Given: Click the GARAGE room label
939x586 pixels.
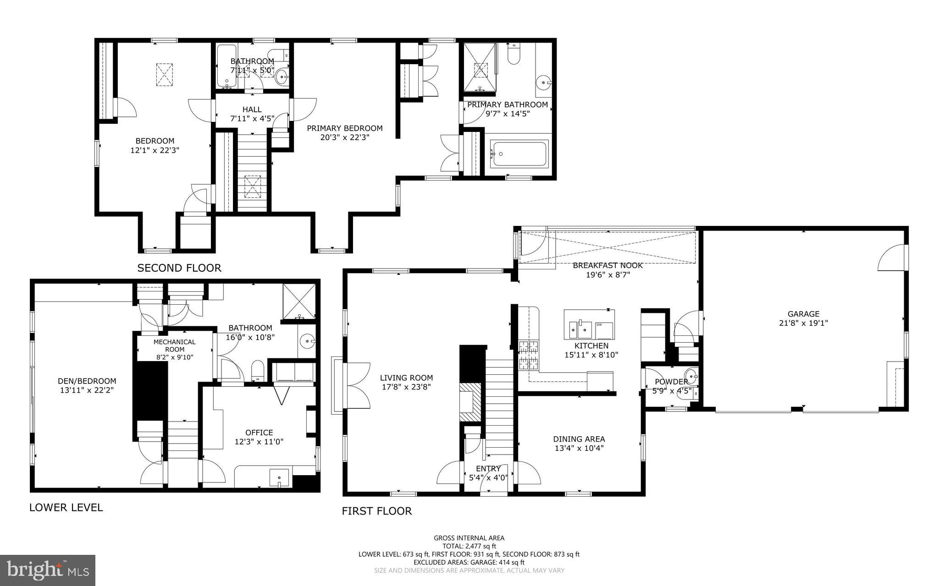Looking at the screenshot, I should click(x=803, y=314).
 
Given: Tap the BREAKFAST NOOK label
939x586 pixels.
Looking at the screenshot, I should click(x=608, y=265).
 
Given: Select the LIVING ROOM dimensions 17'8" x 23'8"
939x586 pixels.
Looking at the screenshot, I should click(x=406, y=387).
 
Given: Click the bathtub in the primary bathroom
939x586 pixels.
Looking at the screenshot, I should click(x=519, y=154).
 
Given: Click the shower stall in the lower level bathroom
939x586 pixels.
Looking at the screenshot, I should click(x=299, y=301).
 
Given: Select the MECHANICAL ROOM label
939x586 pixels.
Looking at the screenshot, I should click(x=174, y=345).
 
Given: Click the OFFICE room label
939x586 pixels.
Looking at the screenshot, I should click(x=259, y=433).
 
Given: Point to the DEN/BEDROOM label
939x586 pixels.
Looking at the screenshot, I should click(x=87, y=381).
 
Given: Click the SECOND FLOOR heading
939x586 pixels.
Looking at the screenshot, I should click(x=179, y=268).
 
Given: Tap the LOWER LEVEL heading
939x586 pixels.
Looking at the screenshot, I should click(x=66, y=507).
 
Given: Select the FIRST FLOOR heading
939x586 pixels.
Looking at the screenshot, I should click(x=376, y=511).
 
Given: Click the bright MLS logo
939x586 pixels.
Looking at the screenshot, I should click(x=48, y=570).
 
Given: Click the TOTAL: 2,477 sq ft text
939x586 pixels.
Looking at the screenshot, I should click(x=469, y=546).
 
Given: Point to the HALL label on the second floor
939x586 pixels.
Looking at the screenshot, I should click(x=252, y=110).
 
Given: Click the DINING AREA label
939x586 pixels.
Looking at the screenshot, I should click(x=579, y=439).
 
